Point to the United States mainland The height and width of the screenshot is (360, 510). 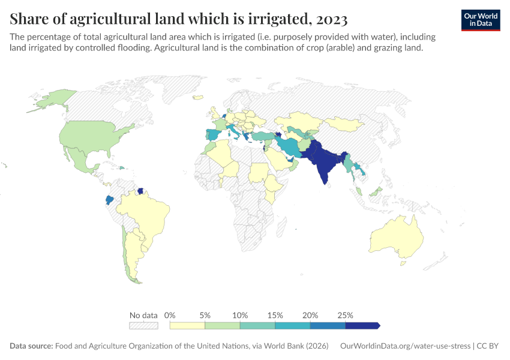point(90,135)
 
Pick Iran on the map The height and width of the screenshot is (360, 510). point(290,146)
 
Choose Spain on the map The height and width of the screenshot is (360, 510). point(212,135)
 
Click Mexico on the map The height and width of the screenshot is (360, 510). point(78,158)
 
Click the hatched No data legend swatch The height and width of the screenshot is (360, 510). point(143,326)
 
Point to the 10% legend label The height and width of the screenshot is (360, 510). point(240,315)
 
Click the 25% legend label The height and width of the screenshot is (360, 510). point(345,315)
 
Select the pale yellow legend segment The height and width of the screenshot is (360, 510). point(187,326)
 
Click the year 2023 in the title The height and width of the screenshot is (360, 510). point(330,19)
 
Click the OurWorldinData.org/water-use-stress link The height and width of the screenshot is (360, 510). point(405,346)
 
